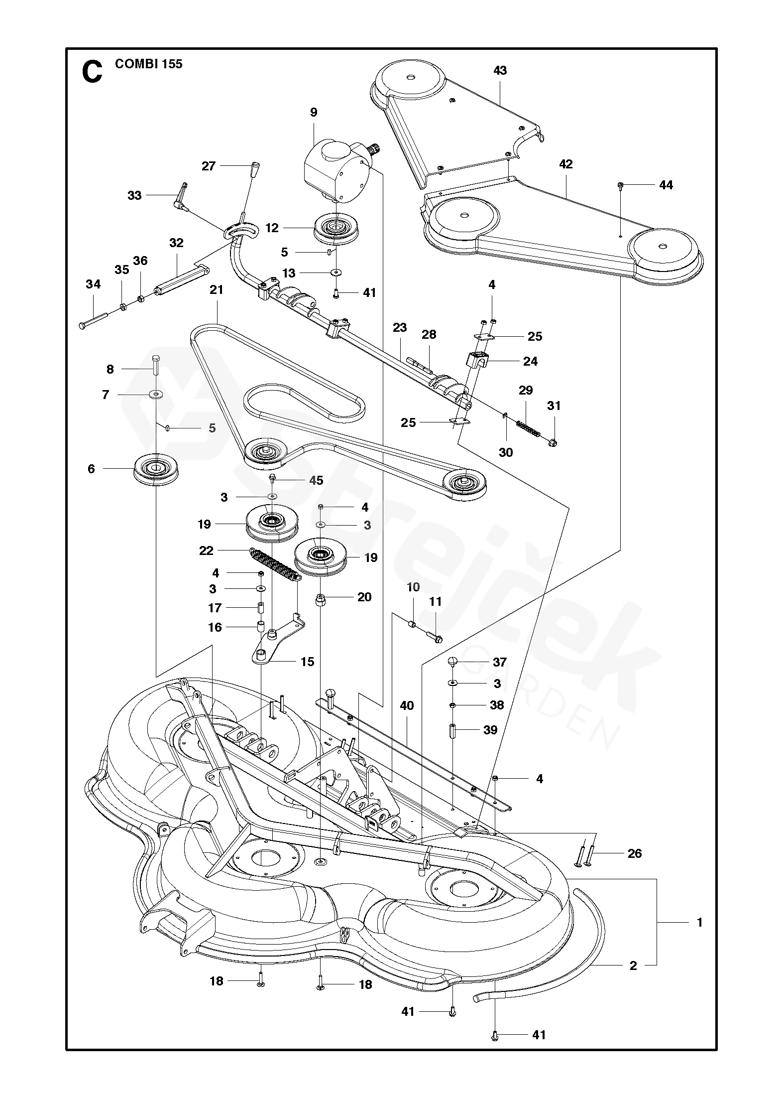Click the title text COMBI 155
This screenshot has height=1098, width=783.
click(x=148, y=64)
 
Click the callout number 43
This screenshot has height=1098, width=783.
click(x=500, y=70)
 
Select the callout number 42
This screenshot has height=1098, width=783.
click(x=566, y=164)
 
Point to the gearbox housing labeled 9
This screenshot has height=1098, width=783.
click(x=335, y=169)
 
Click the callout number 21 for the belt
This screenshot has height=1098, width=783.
click(x=217, y=289)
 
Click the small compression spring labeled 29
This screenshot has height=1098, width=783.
click(x=528, y=429)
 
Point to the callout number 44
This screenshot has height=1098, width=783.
click(x=666, y=185)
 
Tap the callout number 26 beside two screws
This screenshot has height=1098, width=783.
click(x=635, y=853)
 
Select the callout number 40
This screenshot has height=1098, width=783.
click(x=407, y=705)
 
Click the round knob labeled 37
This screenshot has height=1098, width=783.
click(x=452, y=661)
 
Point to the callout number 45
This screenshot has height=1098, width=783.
click(x=316, y=480)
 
